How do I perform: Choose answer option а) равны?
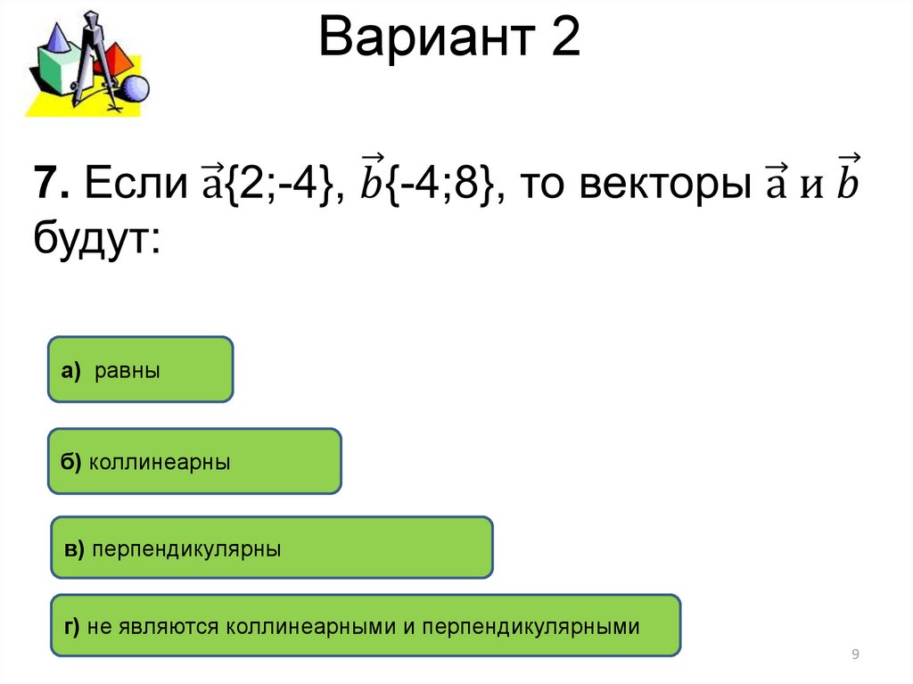[141, 369]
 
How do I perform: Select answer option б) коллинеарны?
[195, 461]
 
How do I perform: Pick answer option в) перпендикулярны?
[271, 548]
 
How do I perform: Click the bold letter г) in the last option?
[72, 627]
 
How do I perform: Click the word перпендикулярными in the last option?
[531, 627]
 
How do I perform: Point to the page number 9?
[856, 655]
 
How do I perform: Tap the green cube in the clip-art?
[58, 76]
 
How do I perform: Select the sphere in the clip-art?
[135, 89]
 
